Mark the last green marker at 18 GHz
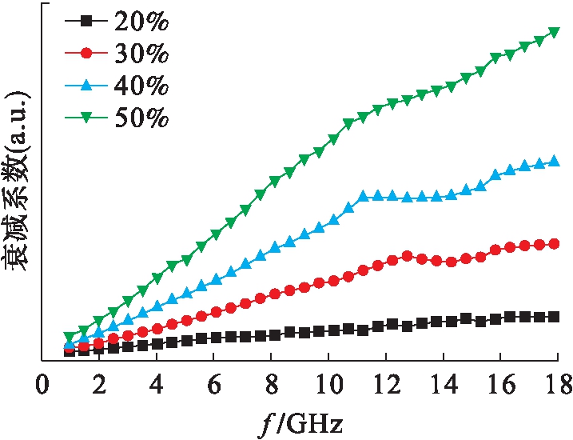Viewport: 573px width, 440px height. [x=554, y=33]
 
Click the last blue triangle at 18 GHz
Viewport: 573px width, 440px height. [x=554, y=162]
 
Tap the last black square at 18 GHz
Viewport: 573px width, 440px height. [x=554, y=317]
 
